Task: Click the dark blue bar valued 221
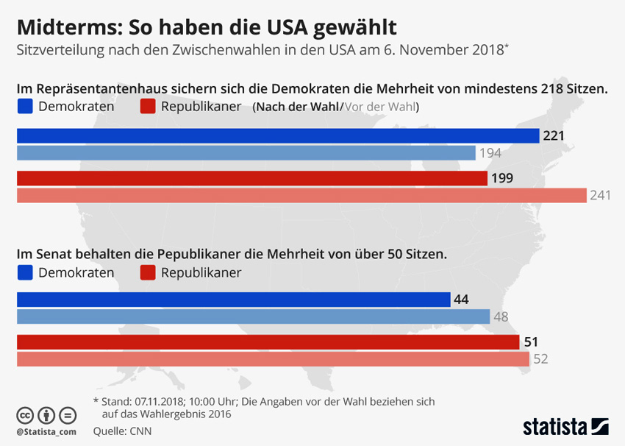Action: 278,136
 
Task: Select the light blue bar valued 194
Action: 246,153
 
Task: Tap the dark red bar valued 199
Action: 251,178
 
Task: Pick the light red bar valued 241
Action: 301,195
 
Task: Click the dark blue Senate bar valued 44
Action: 233,300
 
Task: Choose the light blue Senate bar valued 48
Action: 253,316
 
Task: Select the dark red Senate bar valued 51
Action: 268,342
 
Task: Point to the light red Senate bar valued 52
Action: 273,359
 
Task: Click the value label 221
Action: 554,136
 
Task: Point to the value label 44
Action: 462,300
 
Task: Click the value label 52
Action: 541,359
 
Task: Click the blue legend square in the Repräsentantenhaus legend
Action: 24,107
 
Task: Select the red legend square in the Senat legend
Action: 147,272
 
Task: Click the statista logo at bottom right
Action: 565,426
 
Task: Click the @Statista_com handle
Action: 46,431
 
